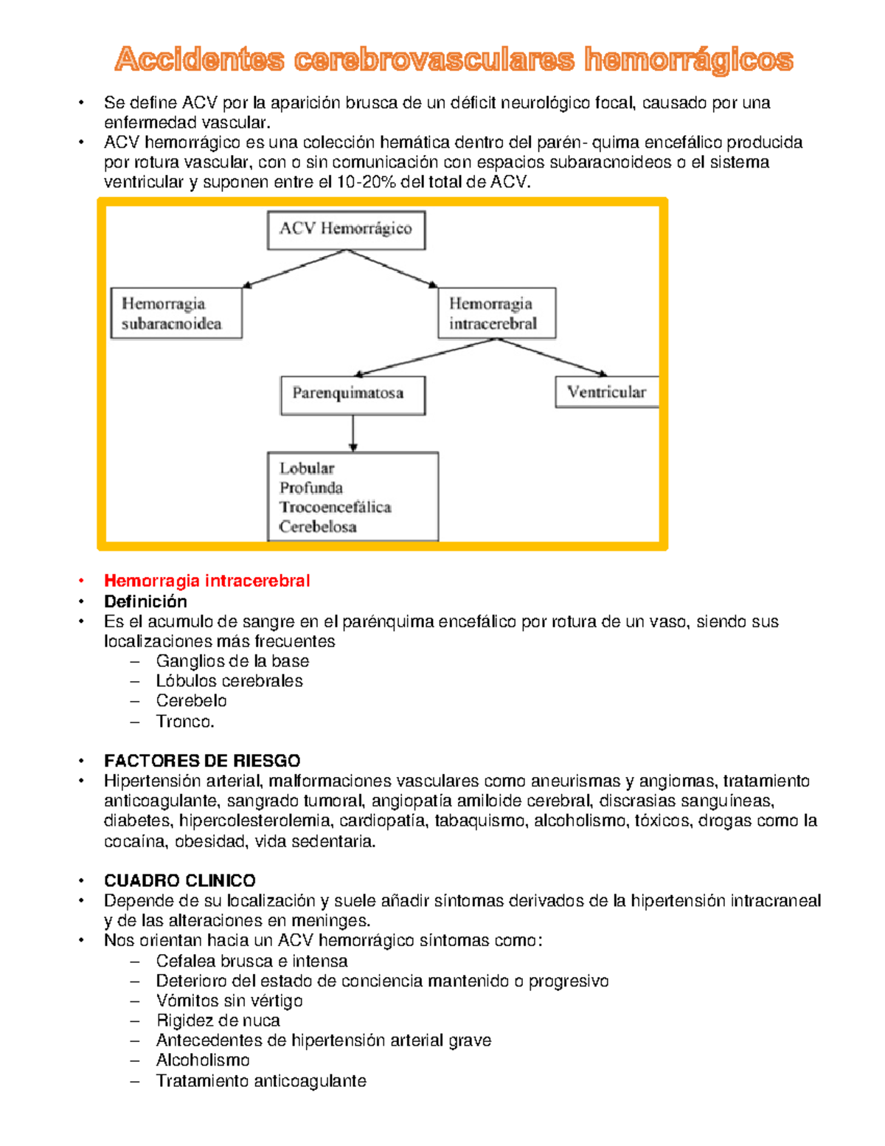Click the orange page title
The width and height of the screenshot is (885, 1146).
point(454,60)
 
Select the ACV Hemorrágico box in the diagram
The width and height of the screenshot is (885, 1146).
point(346,229)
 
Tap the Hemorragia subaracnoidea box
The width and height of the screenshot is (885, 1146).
point(176,314)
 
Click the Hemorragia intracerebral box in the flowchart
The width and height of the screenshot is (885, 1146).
point(496,314)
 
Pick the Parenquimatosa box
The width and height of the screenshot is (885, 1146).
point(353,395)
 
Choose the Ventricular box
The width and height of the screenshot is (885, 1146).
point(606,392)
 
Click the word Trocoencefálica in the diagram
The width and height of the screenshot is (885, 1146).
point(335,507)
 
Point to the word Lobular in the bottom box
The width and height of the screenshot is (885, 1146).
point(307,468)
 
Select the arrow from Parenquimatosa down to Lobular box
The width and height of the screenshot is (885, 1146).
point(353,433)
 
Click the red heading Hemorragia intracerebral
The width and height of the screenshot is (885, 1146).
point(206,581)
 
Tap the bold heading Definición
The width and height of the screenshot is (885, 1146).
point(145,601)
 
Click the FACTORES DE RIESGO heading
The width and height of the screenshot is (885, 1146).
point(202,761)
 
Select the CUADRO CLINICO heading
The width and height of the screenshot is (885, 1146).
point(180,880)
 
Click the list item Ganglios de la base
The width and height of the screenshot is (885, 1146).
point(232,661)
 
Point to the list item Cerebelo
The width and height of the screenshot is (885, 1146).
point(191,701)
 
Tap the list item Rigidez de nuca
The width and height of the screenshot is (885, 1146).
point(218,1021)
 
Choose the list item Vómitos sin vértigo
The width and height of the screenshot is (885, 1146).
point(229,1001)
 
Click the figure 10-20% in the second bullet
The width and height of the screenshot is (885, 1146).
point(366,182)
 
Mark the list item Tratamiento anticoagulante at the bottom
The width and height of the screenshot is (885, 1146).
point(261,1081)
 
